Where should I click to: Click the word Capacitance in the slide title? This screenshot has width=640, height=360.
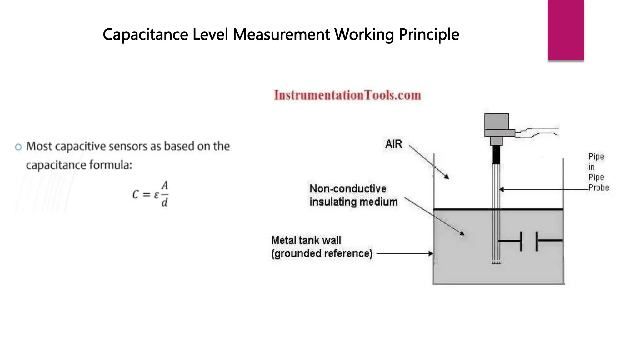[x=145, y=35]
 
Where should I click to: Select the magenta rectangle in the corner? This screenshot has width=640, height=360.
[x=566, y=30]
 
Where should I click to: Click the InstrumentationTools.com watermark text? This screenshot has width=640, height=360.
[x=347, y=95]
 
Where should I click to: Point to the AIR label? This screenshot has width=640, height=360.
[x=394, y=144]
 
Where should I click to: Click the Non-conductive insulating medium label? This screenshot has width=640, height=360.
[x=353, y=195]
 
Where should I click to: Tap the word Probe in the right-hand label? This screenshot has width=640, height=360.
[x=599, y=188]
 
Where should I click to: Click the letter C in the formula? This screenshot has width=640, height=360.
[x=135, y=195]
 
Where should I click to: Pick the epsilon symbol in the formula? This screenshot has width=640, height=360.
[x=156, y=195]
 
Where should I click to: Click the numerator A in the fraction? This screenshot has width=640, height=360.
[x=165, y=186]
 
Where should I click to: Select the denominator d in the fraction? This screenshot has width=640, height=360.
[x=165, y=203]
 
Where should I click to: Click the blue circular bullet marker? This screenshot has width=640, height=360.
[x=18, y=147]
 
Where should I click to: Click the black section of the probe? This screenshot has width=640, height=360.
[x=496, y=155]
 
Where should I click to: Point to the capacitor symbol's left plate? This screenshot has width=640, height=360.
[x=521, y=241]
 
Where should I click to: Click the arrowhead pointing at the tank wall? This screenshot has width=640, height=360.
[x=431, y=253]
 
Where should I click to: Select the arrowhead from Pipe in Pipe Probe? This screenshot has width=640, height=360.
[x=502, y=189]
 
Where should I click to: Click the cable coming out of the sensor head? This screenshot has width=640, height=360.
[x=537, y=132]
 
